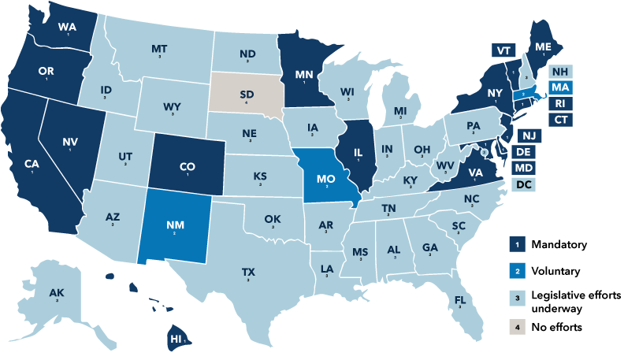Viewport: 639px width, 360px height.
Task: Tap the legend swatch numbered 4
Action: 518,325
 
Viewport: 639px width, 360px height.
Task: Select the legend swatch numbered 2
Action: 518,271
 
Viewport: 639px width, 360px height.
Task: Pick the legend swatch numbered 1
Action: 518,245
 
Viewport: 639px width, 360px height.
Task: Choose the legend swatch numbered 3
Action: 518,299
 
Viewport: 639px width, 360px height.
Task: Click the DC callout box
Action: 522,185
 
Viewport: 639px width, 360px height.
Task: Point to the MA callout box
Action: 561,87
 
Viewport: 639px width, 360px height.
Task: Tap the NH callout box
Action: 561,70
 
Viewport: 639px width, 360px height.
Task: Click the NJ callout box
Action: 529,135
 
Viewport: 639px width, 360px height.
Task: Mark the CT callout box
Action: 561,120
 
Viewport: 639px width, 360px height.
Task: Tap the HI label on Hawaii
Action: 176,339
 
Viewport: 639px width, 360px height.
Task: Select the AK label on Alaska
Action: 56,293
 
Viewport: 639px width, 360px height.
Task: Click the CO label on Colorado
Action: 188,166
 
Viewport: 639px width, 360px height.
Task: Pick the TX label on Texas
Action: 248,272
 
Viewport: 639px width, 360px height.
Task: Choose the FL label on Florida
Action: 460,299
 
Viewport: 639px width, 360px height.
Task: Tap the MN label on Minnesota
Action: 304,76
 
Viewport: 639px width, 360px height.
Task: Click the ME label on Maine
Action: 543,47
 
